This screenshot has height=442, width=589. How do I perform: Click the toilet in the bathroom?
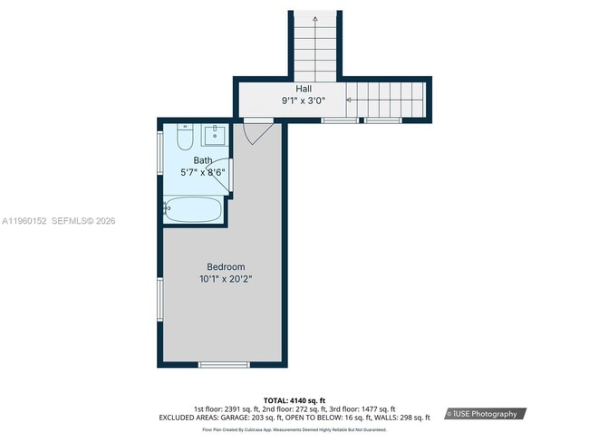coord(184,139)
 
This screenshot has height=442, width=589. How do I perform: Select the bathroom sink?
coord(215,137)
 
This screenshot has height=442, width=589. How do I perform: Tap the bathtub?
coord(193,211)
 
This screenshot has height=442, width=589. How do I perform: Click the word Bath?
coord(202,160)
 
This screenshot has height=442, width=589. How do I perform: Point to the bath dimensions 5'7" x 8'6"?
coord(203,171)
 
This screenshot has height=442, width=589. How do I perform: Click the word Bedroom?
coord(226,266)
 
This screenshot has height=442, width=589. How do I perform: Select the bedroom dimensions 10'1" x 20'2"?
coord(226,279)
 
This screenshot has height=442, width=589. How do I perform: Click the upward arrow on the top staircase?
coord(315,18)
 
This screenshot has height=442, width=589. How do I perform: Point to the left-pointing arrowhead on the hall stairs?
coord(347,99)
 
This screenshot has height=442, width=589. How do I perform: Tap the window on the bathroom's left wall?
coord(160,148)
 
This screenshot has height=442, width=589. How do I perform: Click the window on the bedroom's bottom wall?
coord(224,364)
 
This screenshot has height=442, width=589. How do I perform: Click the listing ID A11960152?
coord(24,220)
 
